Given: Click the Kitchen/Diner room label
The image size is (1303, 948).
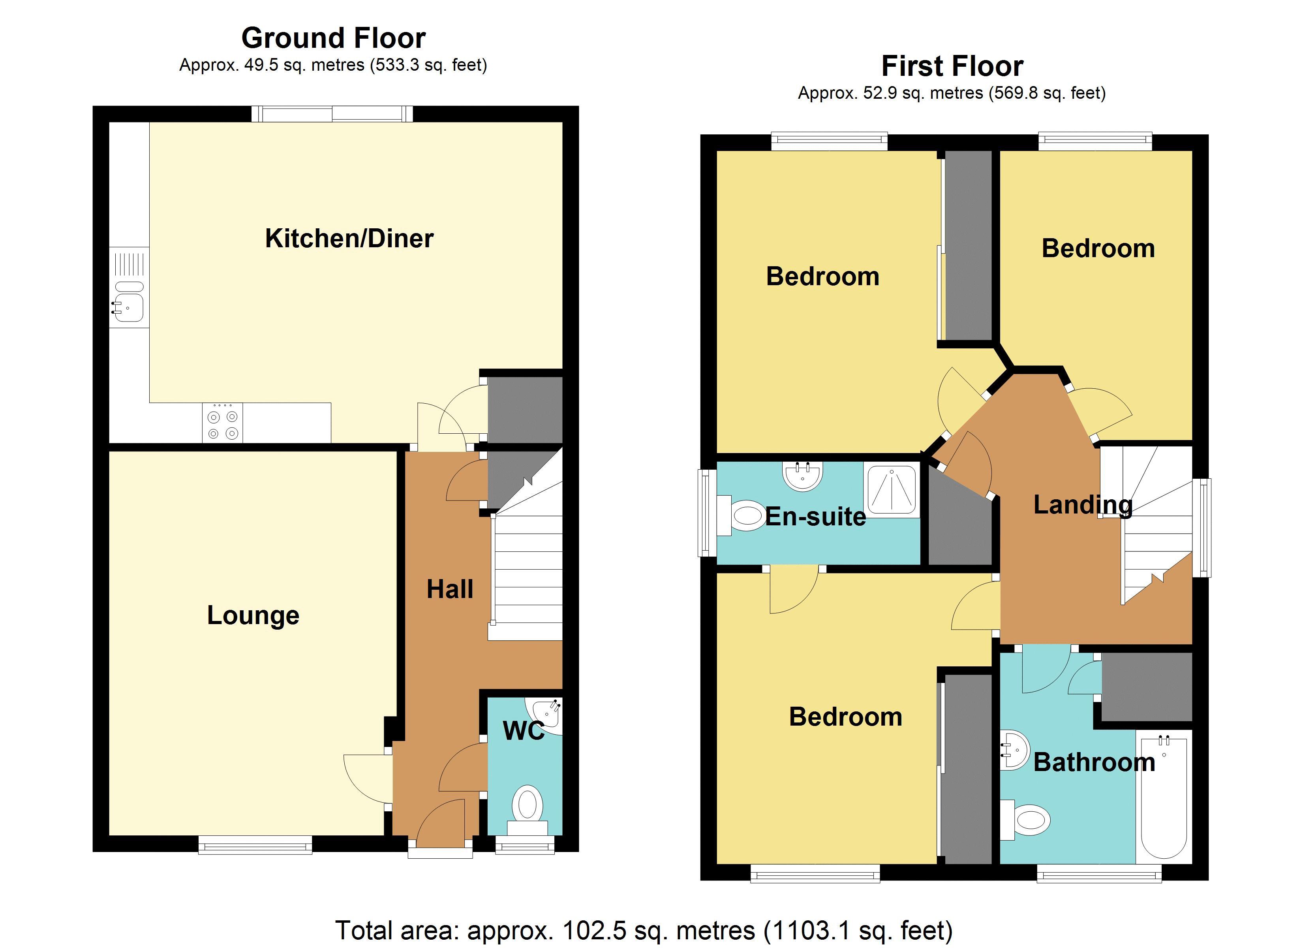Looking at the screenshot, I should [349, 239].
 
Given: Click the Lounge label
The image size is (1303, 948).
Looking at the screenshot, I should [253, 615].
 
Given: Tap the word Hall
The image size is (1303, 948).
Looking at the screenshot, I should [450, 589].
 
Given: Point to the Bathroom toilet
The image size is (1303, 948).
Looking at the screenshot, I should [1028, 820].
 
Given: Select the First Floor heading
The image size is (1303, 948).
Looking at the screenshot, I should [952, 66].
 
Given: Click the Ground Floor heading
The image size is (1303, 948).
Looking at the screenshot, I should [333, 38].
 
